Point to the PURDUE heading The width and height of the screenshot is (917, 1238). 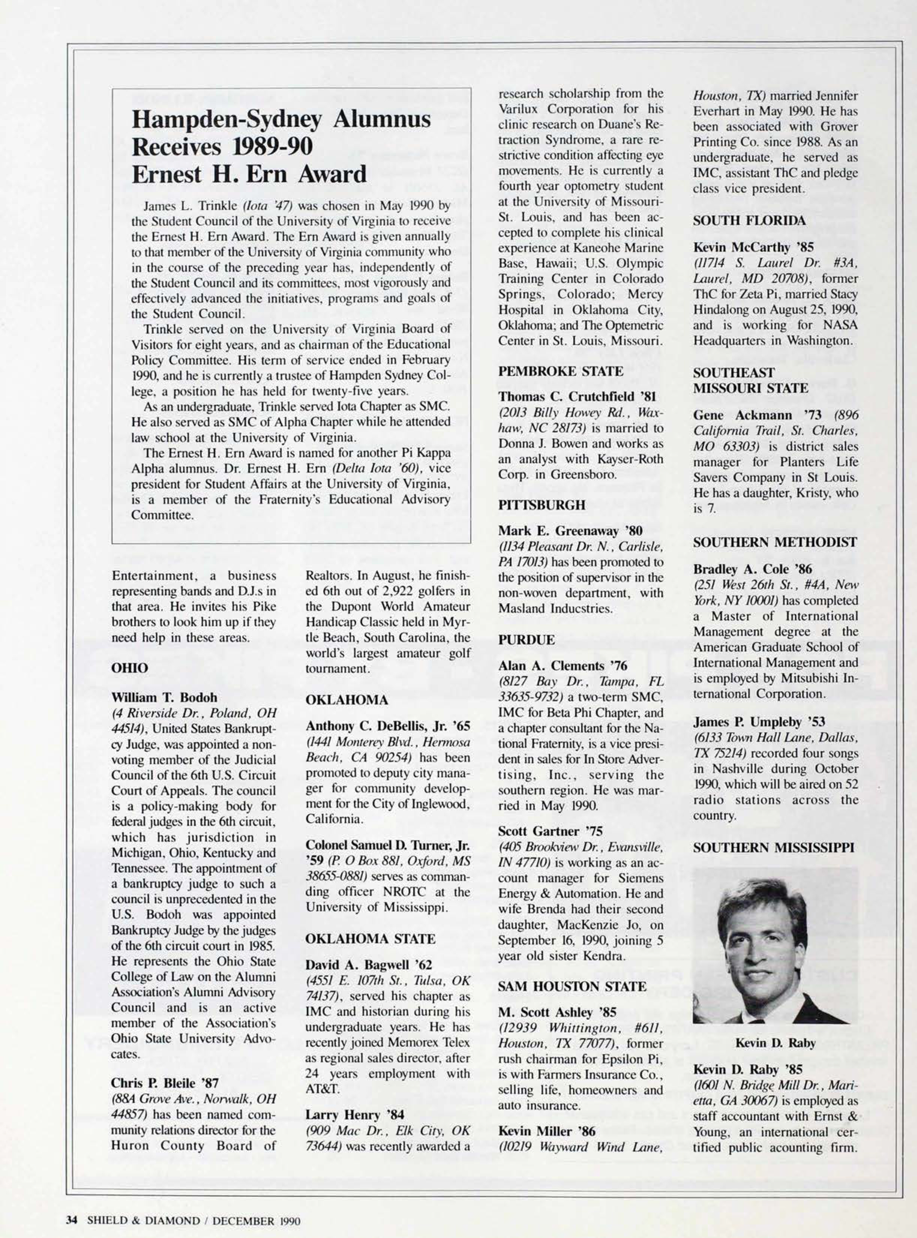pyautogui.click(x=526, y=640)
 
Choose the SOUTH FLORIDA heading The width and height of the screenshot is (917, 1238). pyautogui.click(x=749, y=220)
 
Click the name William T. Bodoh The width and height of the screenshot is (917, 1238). pyautogui.click(x=164, y=697)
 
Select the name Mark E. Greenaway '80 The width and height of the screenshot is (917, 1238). pyautogui.click(x=570, y=532)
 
